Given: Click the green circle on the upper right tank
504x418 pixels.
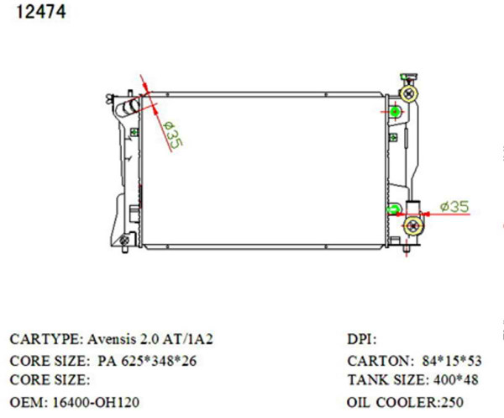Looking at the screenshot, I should (395, 111).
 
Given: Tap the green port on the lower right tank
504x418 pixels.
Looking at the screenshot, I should (392, 209).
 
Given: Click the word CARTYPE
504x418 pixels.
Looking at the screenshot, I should (45, 340).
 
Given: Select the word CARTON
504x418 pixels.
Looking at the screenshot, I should (375, 361).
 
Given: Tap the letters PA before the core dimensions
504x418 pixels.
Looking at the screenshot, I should (99, 361).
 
